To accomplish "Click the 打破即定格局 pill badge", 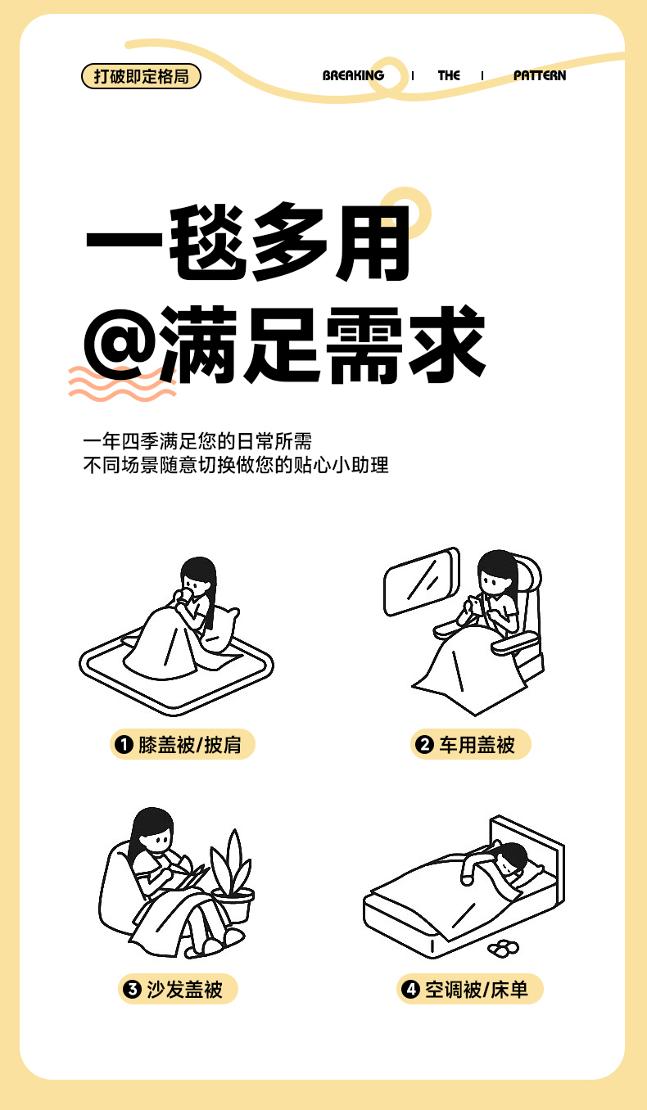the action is click(x=141, y=76).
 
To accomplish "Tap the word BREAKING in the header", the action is click(x=353, y=75).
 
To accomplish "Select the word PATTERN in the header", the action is click(x=540, y=75).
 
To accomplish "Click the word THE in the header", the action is click(x=449, y=75).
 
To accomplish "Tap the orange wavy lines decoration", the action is click(x=122, y=383).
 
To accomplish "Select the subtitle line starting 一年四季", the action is click(x=197, y=441).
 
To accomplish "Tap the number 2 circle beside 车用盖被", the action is click(x=424, y=744).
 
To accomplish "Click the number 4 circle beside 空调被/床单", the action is click(x=410, y=990).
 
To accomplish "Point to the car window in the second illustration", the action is click(x=422, y=581).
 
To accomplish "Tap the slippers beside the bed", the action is click(x=503, y=947).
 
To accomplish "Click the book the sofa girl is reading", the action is click(x=192, y=877).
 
